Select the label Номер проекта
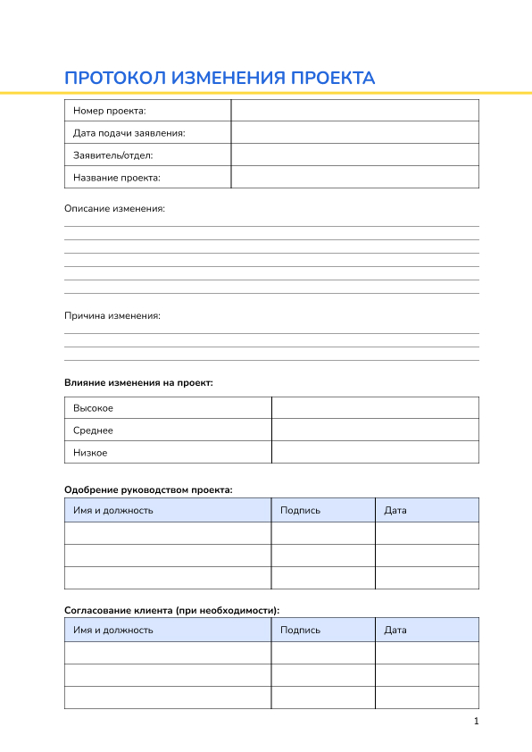[x=110, y=111]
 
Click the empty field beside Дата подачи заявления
[x=354, y=133]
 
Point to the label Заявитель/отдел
[x=113, y=155]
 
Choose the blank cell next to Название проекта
[x=354, y=178]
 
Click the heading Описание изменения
[x=114, y=209]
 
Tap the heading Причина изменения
[x=112, y=316]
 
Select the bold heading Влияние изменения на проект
[x=138, y=382]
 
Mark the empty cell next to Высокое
[x=375, y=408]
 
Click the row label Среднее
[x=93, y=430]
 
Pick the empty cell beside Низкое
[x=375, y=453]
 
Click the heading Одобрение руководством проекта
[x=148, y=489]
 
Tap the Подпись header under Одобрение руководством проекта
[x=300, y=511]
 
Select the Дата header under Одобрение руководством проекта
[x=395, y=511]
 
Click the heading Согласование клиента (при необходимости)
[x=171, y=611]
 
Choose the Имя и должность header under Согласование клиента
[x=113, y=630]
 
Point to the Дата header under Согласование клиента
[x=395, y=630]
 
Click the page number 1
[x=477, y=722]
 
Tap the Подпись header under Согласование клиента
[x=300, y=630]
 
